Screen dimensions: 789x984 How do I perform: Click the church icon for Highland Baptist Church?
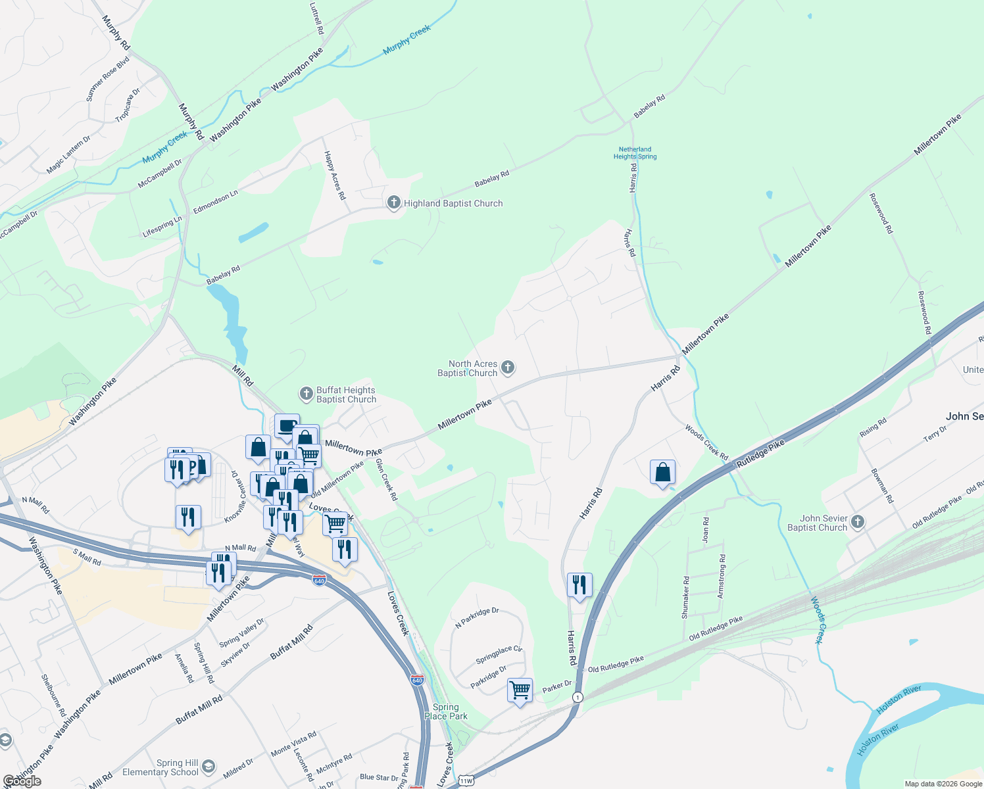click(393, 203)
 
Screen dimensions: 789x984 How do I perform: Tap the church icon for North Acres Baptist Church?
click(508, 368)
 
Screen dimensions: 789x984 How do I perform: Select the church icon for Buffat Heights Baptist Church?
click(306, 394)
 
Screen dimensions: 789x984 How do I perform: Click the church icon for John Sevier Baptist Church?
click(857, 522)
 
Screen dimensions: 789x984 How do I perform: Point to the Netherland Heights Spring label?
click(635, 153)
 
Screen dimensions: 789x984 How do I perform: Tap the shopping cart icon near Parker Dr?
click(520, 691)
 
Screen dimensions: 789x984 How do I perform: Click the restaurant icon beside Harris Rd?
click(579, 585)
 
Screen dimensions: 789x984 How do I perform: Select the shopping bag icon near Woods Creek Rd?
click(663, 472)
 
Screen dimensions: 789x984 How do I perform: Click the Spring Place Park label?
click(446, 711)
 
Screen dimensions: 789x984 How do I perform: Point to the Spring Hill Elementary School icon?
click(209, 767)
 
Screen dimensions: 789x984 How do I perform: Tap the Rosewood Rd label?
click(881, 214)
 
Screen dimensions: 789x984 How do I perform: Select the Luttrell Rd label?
click(316, 18)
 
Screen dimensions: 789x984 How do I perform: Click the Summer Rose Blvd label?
click(107, 79)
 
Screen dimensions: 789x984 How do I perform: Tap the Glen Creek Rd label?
click(387, 480)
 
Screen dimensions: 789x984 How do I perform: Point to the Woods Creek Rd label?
click(706, 442)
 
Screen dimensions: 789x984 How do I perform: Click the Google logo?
click(22, 781)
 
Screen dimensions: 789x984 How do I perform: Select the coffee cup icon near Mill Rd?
click(287, 426)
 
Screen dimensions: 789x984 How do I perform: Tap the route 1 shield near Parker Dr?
click(578, 697)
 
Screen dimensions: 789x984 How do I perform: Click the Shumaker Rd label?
click(685, 598)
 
